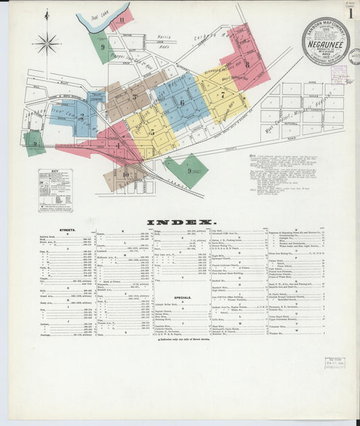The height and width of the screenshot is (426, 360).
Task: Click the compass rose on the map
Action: pos(47,44)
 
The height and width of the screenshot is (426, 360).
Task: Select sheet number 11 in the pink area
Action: pos(122,20)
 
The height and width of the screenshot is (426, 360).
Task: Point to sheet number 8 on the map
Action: pos(247,64)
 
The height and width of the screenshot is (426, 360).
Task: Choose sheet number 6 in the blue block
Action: pos(182,103)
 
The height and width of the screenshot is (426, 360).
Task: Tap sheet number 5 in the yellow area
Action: pos(152,131)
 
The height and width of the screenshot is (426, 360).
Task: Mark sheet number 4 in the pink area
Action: pos(117,145)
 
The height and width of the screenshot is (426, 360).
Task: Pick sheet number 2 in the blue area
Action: pos(82,115)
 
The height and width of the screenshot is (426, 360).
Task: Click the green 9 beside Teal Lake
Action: pos(103,47)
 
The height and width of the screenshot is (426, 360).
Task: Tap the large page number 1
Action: pos(351,13)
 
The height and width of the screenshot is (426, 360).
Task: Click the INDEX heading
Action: pos(181,221)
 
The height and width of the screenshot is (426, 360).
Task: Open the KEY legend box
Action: pos(55,190)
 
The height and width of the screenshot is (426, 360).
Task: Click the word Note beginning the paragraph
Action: pos(252,155)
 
